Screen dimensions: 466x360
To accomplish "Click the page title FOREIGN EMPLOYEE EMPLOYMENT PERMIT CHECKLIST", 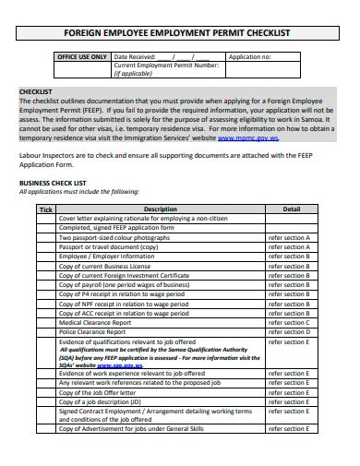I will (181, 32).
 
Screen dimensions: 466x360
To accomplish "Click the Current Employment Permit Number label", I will (166, 66).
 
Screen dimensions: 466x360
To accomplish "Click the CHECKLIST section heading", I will (37, 91).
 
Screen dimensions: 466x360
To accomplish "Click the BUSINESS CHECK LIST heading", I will (53, 183).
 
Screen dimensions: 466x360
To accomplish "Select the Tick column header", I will (46, 209).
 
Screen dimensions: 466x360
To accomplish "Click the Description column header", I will (161, 209).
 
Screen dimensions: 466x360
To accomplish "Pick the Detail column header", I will (292, 209).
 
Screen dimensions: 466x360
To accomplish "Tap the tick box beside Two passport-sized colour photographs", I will (46, 238).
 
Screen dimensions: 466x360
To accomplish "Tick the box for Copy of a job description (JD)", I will (46, 400).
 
